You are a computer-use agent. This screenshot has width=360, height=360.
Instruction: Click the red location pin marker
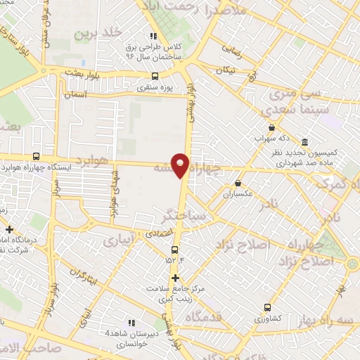click(181, 165)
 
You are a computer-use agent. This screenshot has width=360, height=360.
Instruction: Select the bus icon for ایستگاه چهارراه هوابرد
click(36, 157)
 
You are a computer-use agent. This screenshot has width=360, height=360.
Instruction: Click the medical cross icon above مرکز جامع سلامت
click(175, 278)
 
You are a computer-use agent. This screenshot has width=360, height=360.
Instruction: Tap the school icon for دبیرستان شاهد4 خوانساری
click(129, 322)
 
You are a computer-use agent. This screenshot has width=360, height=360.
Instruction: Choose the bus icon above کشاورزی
click(266, 307)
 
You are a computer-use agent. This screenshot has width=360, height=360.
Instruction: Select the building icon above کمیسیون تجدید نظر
click(304, 141)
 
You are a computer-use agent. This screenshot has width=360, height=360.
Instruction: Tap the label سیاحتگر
click(184, 214)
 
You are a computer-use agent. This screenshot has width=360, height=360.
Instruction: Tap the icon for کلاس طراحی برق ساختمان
click(153, 37)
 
